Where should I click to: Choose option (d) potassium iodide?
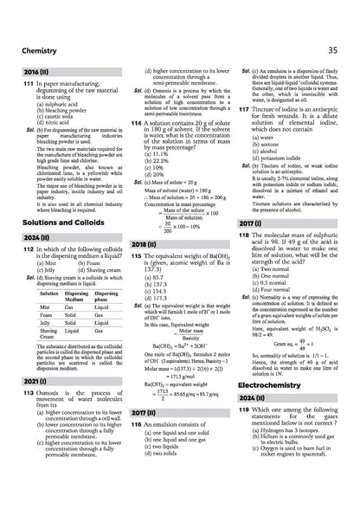click(x=280, y=160)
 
